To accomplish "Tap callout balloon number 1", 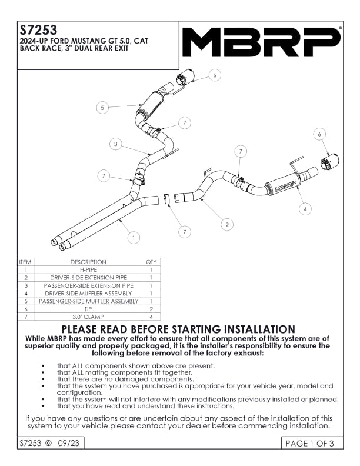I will point(134,238).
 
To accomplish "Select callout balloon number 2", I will point(227,224).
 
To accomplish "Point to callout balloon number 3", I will point(116,144).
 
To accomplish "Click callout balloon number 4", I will point(304,208).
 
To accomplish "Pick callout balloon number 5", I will point(102,108).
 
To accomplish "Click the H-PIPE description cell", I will point(88,269).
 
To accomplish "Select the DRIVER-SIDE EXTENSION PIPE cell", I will point(88,277).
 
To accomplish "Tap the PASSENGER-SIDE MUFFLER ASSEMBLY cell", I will point(88,301).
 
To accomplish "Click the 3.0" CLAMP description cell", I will point(88,316).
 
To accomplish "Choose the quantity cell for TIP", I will point(151,308).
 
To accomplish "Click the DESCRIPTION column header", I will point(88,262).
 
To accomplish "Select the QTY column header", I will point(151,262).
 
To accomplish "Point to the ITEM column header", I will point(25,262).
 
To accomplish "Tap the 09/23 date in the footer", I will point(68,443).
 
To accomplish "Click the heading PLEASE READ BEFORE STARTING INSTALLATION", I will point(178,329).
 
